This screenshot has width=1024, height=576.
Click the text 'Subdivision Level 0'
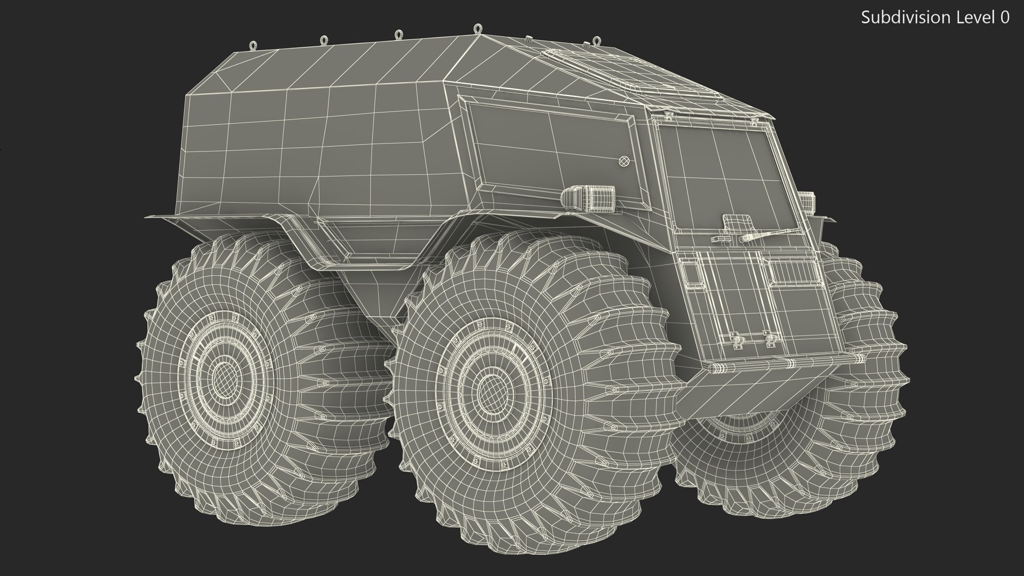coord(935,18)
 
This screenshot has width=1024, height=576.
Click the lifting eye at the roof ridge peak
coord(476,28)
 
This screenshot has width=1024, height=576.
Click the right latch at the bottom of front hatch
coord(769,338)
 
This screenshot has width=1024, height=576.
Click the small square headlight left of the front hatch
coord(692,274)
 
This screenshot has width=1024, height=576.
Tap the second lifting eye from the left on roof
coord(323,40)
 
